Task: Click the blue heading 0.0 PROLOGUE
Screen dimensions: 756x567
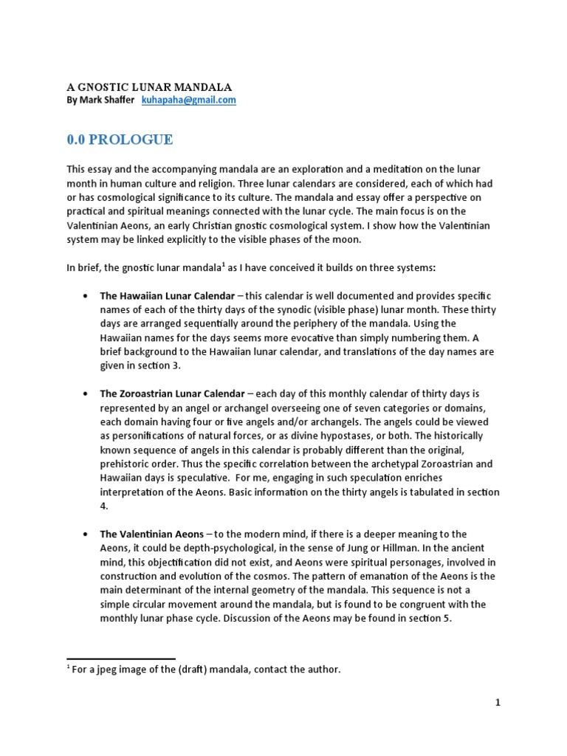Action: coord(120,140)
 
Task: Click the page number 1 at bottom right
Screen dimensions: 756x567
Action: coord(498,703)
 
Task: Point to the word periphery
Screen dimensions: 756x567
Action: coord(342,323)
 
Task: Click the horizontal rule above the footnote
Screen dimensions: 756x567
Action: coord(121,658)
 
